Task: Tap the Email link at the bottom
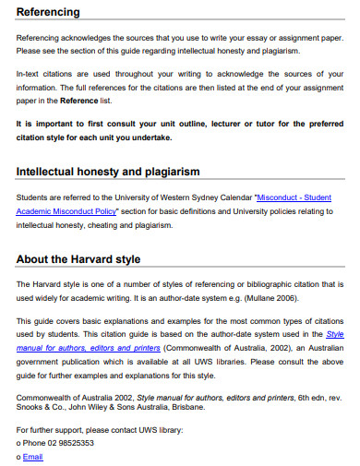(32, 457)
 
